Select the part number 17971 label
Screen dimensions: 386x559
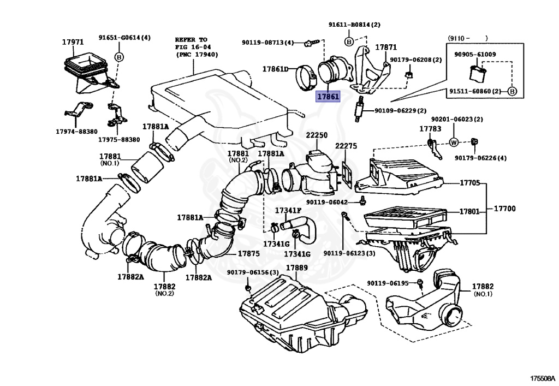pos(73,42)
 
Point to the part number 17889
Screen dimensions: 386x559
pos(297,268)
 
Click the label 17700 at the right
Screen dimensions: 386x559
pos(505,209)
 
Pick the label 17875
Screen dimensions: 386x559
pos(248,253)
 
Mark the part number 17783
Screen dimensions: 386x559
pos(430,129)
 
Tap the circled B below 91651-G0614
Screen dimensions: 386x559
pos(118,57)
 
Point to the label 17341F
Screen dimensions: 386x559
pos(288,210)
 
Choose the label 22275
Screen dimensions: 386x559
pos(346,146)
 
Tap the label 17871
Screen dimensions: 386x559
pos(385,47)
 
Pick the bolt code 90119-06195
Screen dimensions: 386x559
pos(387,283)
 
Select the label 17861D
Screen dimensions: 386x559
pos(275,69)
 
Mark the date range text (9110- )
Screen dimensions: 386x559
pos(468,38)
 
